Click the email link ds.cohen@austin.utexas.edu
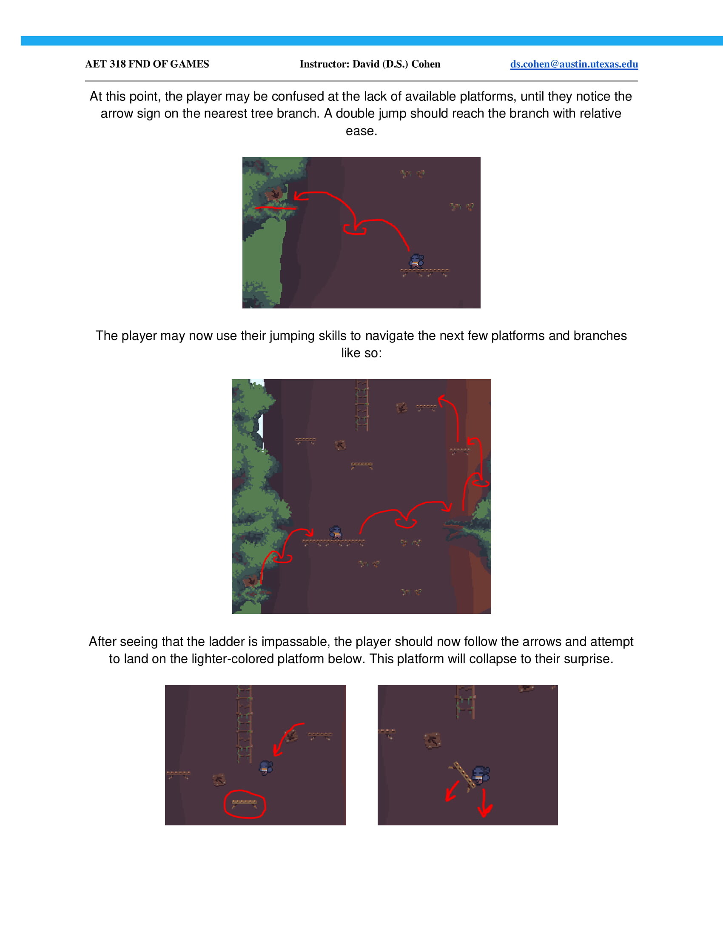(574, 64)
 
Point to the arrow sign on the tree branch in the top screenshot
(274, 195)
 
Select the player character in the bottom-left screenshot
(265, 767)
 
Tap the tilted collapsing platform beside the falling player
(464, 774)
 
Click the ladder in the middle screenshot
(362, 405)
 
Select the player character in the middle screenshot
(336, 533)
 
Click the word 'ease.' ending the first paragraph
(361, 131)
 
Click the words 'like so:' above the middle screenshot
(361, 353)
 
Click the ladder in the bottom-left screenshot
(244, 724)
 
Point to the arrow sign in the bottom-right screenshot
(433, 740)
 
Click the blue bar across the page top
(372, 41)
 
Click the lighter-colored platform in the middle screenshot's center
(362, 465)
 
